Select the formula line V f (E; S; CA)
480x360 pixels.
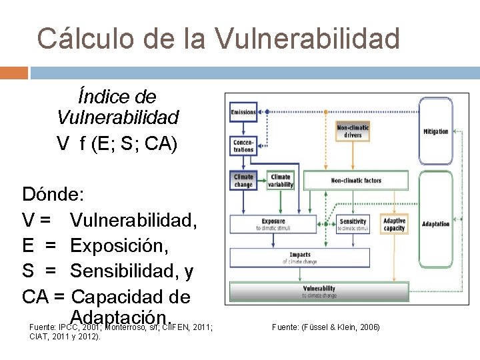pos(117,144)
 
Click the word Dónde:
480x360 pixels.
pos(53,195)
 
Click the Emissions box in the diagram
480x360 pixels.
pos(243,112)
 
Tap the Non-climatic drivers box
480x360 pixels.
pos(353,131)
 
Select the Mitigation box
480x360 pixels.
pos(435,132)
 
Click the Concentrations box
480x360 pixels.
pos(243,146)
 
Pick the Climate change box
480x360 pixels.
pos(243,181)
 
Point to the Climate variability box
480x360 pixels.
pos(281,181)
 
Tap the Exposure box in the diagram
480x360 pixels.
pos(280,224)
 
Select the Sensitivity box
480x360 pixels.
pos(353,224)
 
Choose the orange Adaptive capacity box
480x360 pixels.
pos(394,224)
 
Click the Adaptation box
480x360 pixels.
pos(435,224)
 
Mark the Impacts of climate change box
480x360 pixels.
pos(300,257)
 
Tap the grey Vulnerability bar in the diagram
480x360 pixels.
pos(319,291)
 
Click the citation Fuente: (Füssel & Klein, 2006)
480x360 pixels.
pos(326,327)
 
